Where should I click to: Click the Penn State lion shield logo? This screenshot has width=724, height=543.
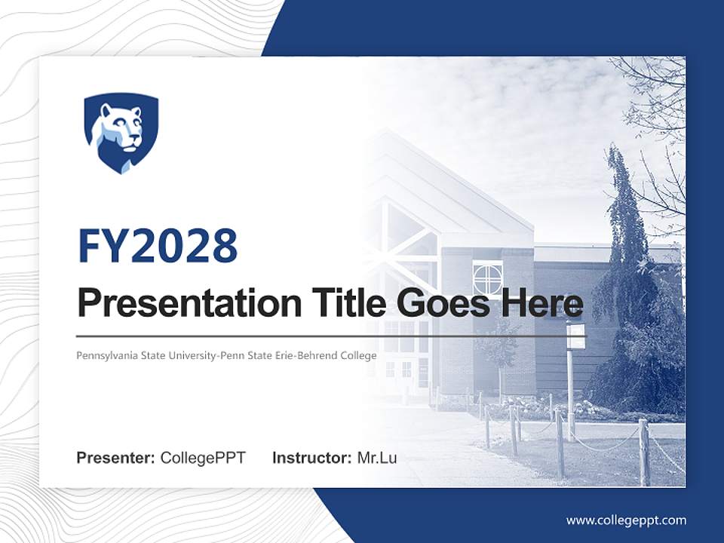(121, 133)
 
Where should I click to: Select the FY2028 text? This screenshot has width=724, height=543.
(158, 247)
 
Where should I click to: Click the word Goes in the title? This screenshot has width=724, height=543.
(446, 303)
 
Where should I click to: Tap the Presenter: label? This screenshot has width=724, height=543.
(116, 458)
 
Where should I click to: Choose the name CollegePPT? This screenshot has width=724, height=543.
(203, 458)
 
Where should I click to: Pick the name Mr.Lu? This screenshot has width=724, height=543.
(376, 458)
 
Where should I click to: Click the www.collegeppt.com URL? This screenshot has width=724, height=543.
(626, 520)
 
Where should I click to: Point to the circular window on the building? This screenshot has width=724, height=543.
(487, 278)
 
